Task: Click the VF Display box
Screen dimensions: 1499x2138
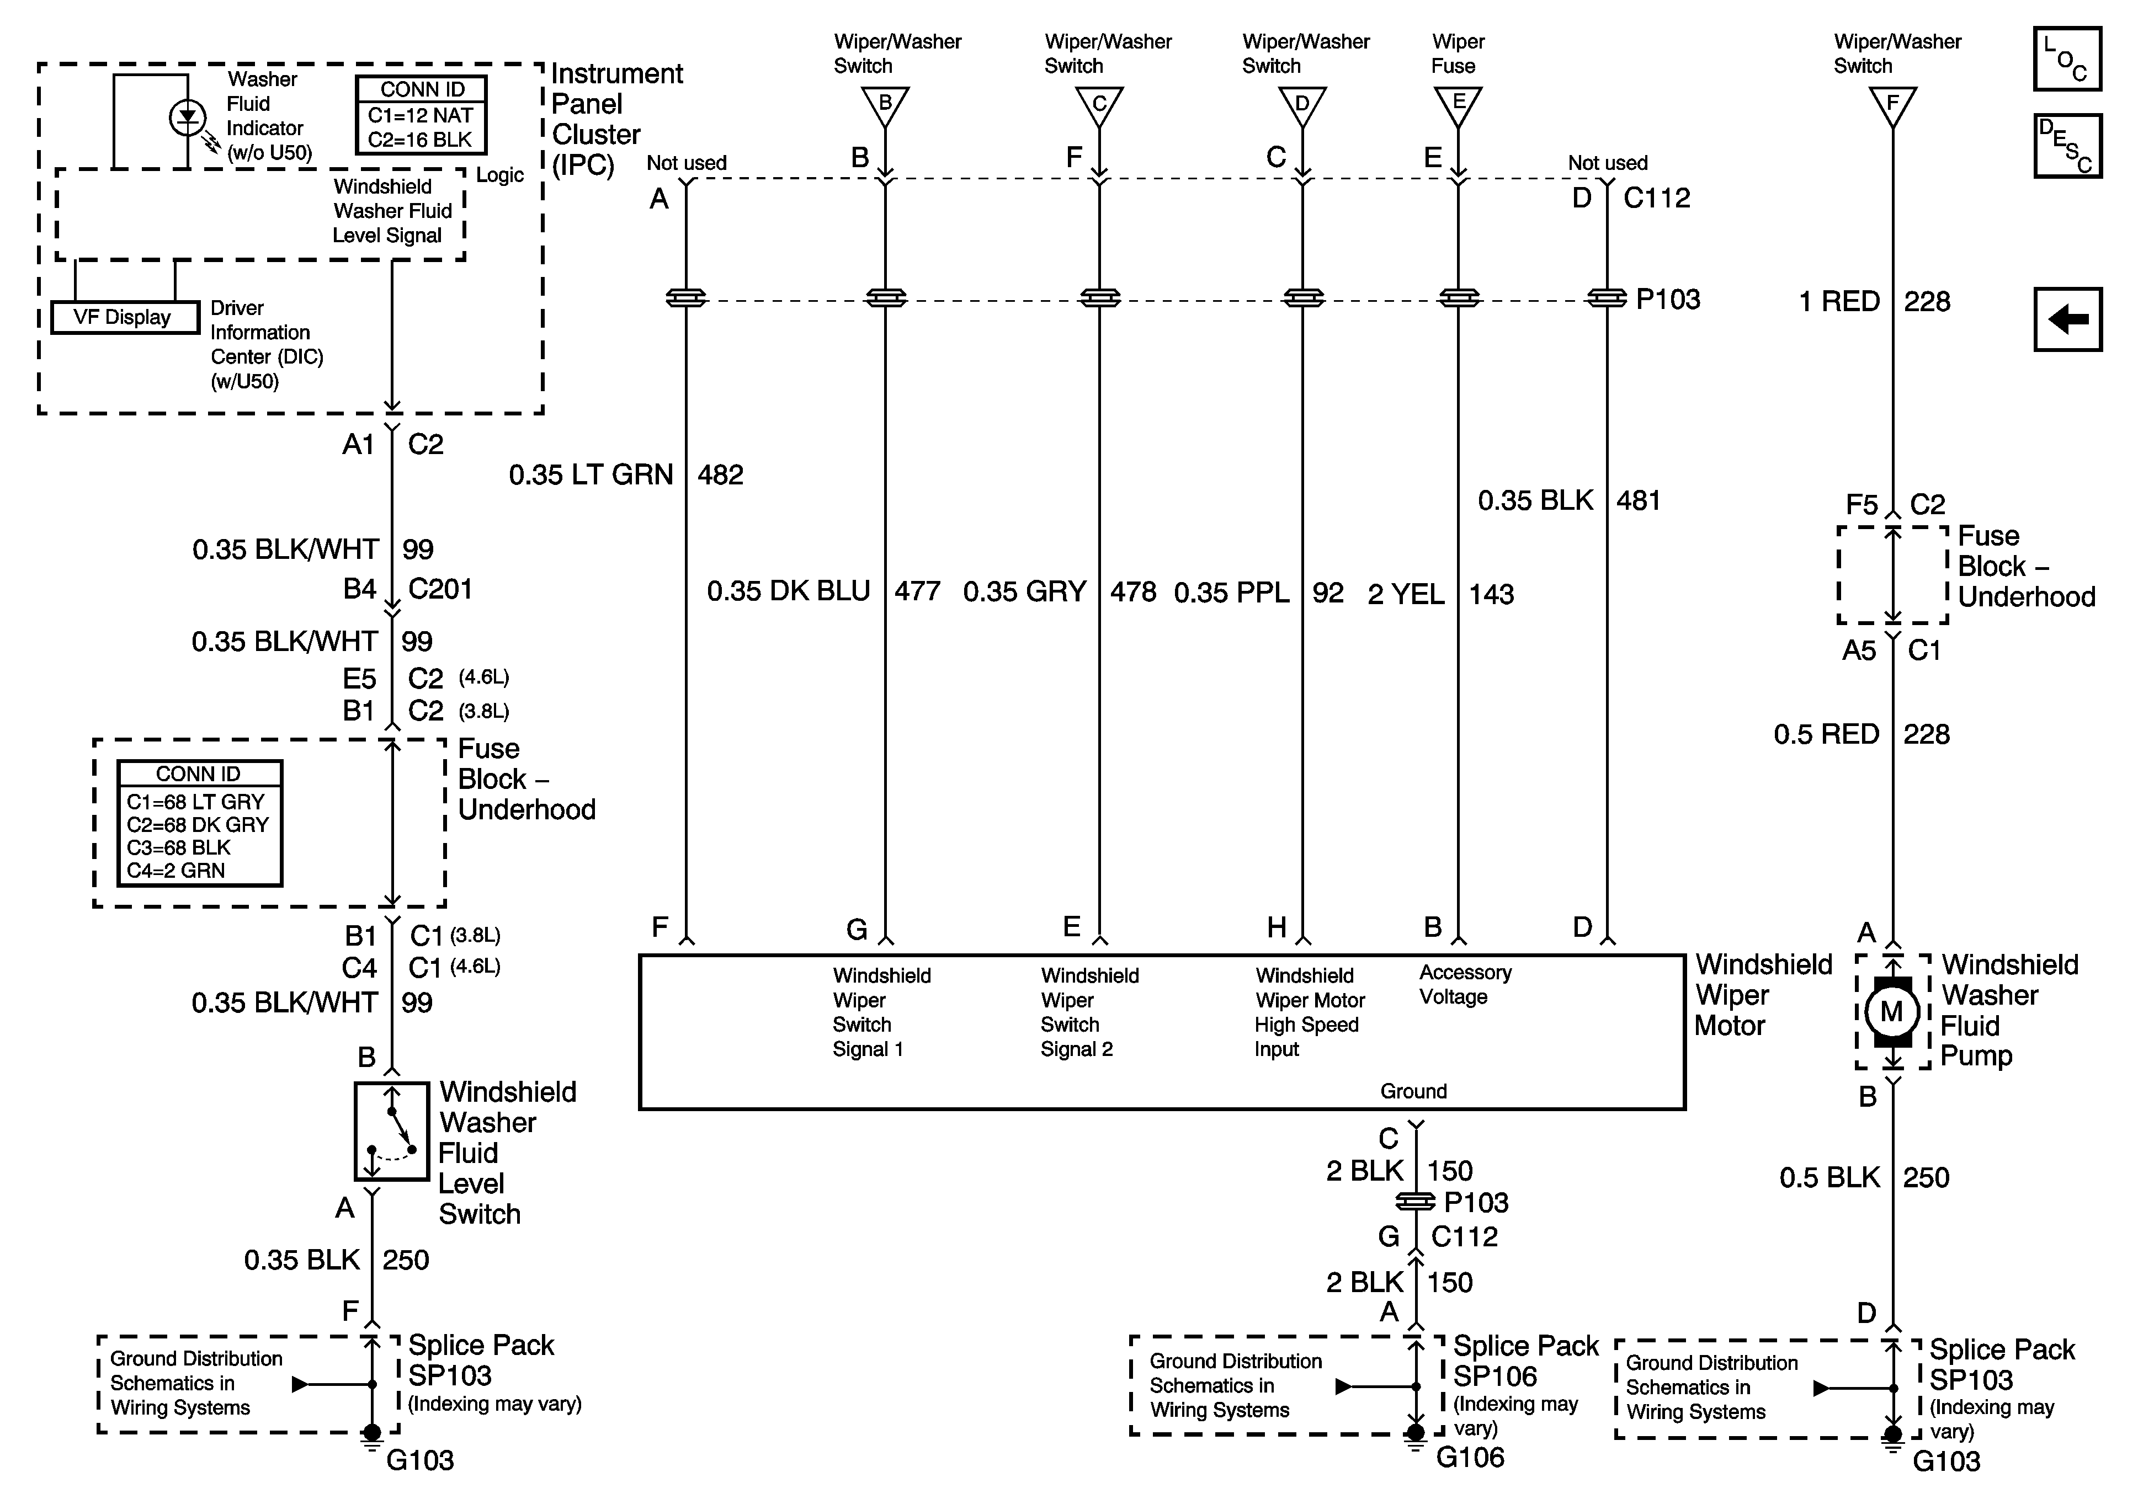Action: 123,317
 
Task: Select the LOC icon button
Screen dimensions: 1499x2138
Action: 2066,58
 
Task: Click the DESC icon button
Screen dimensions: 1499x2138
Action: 2066,145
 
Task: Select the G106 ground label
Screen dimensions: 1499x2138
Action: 1470,1457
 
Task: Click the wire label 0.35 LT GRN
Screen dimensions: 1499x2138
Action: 591,475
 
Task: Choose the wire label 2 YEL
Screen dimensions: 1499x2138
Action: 1405,594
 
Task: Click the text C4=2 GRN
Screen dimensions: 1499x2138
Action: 176,871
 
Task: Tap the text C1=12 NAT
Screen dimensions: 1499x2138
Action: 420,115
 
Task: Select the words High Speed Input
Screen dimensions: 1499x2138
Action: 1306,1036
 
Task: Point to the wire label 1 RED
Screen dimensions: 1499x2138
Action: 1838,302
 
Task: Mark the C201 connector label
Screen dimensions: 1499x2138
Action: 439,589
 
